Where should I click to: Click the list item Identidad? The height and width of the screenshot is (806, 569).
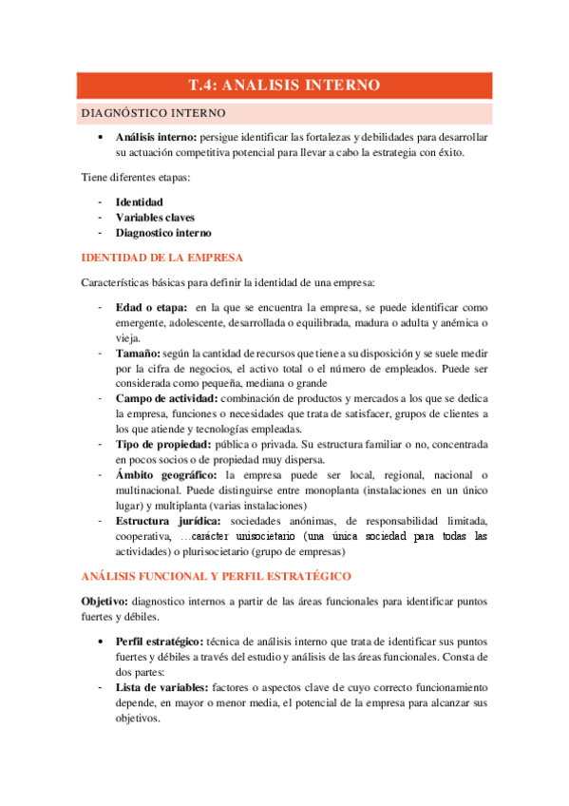tap(139, 201)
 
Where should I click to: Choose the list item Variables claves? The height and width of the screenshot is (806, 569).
tap(155, 217)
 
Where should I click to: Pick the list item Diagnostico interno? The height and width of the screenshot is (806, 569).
tap(163, 232)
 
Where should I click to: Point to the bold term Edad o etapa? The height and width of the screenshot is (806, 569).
tap(150, 307)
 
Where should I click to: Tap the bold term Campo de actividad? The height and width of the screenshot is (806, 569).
tap(167, 398)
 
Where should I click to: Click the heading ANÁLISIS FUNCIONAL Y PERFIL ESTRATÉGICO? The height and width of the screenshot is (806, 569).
tap(217, 576)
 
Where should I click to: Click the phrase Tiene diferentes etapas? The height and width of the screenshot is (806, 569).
tap(136, 178)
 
